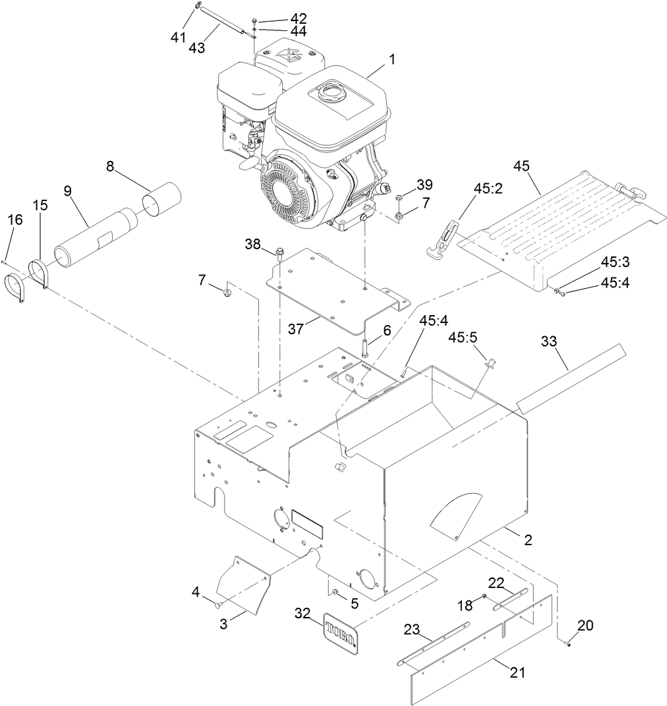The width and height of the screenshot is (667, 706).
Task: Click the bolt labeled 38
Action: click(281, 252)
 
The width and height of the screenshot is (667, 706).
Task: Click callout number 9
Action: click(67, 191)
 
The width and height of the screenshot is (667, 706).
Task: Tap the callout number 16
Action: click(15, 220)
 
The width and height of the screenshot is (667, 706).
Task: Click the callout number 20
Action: click(585, 625)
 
